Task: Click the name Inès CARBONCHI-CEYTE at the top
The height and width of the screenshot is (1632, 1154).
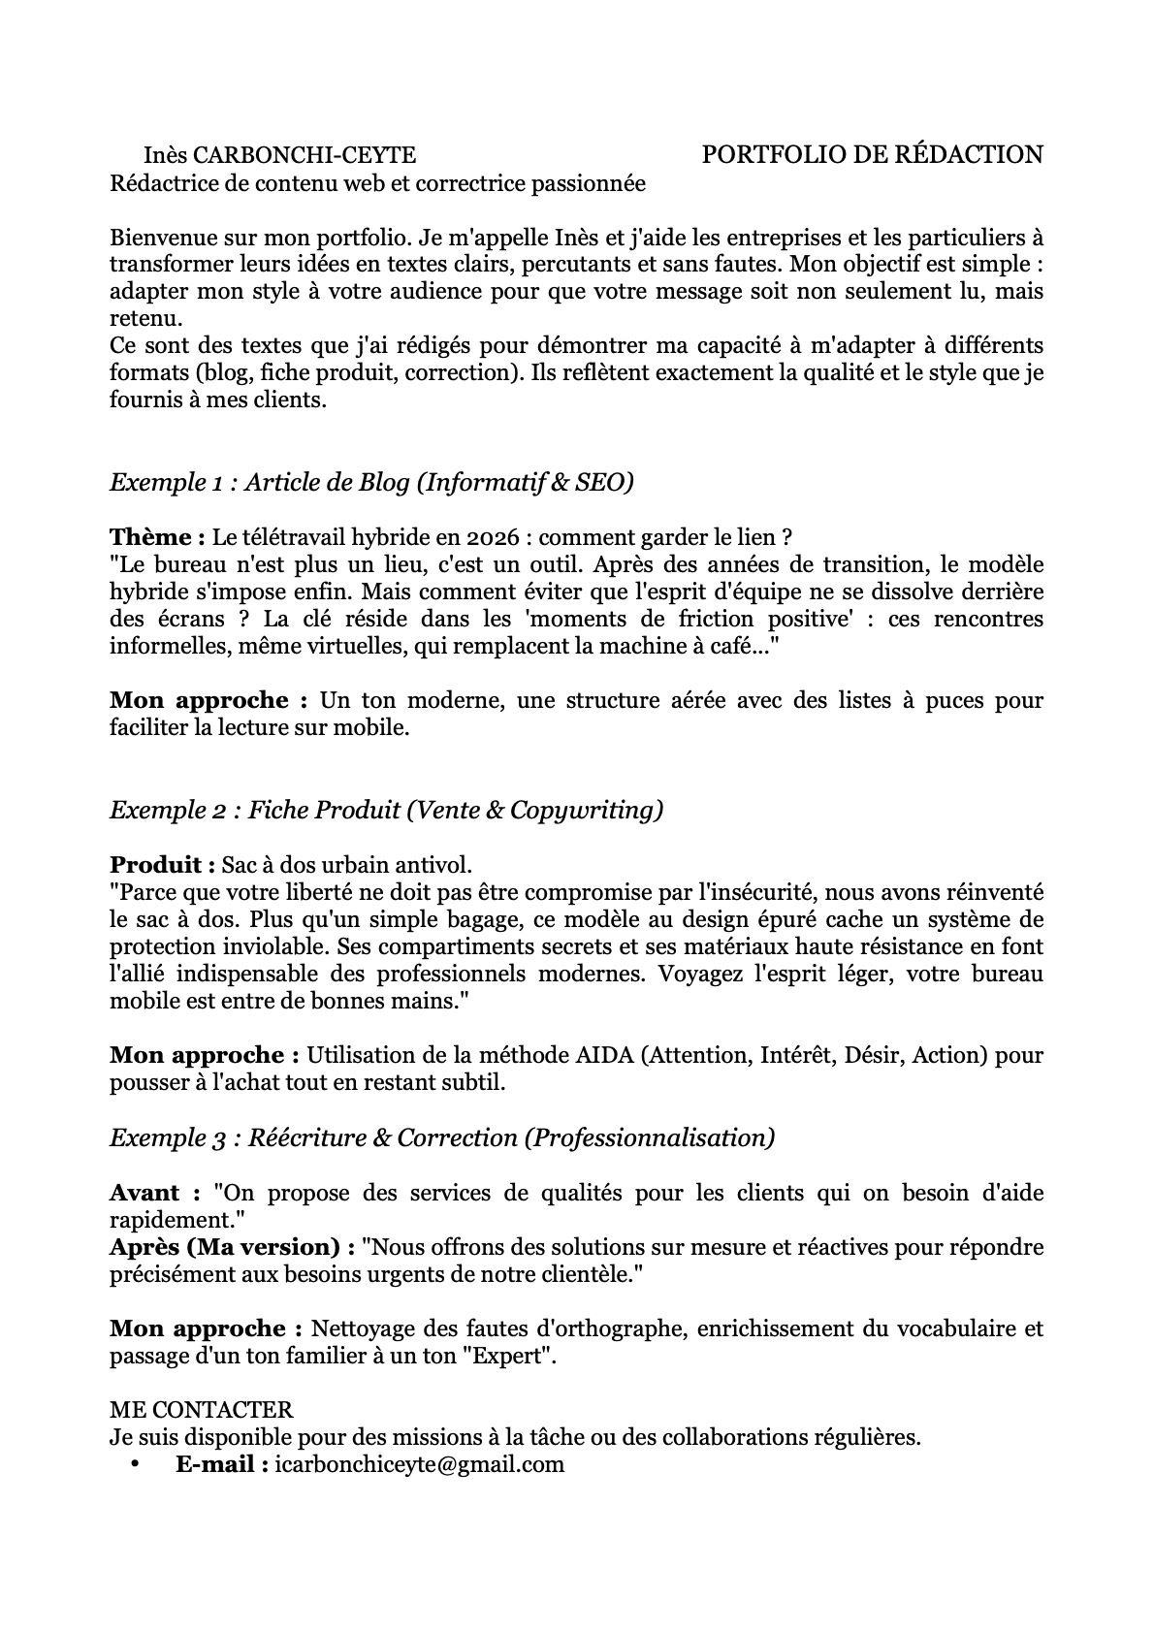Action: (279, 155)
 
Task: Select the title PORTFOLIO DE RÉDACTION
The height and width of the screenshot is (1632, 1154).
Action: (872, 154)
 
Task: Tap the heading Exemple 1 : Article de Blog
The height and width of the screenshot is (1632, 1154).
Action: (371, 482)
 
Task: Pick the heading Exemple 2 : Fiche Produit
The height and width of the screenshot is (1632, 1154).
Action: (386, 810)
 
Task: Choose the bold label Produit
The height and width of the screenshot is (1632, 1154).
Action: (162, 864)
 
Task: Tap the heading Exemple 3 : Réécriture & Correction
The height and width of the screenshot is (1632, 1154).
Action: (442, 1137)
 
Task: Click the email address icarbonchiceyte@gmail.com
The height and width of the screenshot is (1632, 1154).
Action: (420, 1464)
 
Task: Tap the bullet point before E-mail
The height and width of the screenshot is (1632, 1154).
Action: (135, 1464)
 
